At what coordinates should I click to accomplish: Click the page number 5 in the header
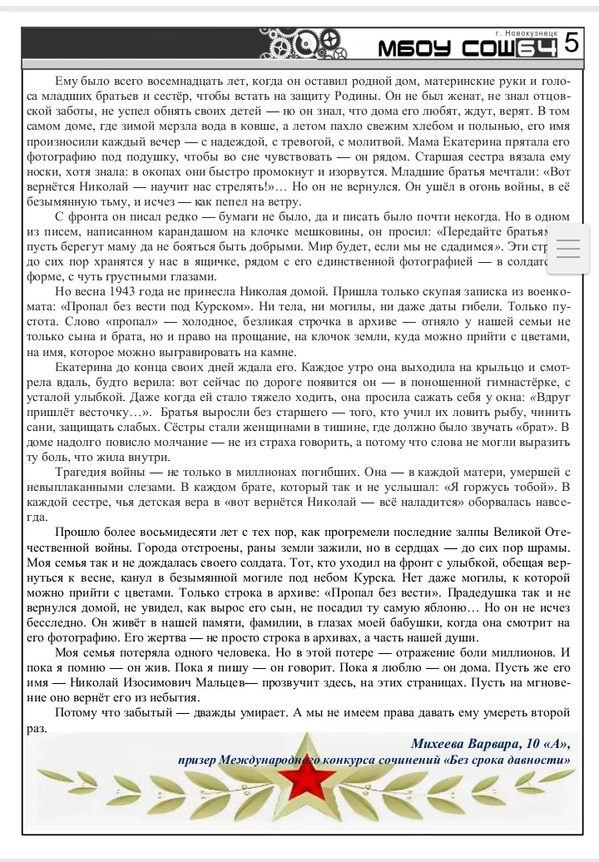[x=571, y=42]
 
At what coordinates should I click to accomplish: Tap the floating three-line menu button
[x=572, y=249]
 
